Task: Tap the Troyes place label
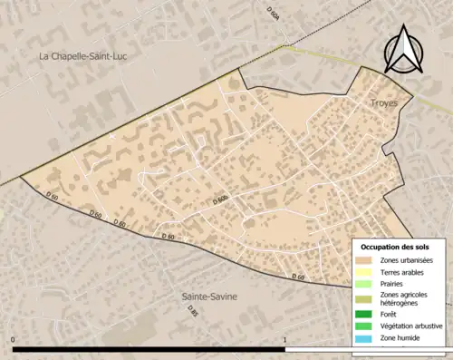[x=383, y=104]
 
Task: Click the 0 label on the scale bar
[x=14, y=341]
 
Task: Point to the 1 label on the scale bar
[x=285, y=341]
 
